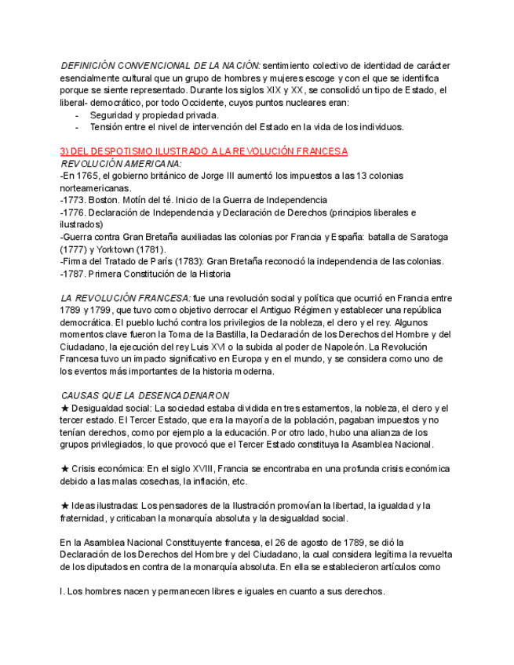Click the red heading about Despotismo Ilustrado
tap(204, 151)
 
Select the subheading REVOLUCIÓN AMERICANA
tap(121, 163)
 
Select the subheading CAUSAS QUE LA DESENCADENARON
tap(145, 396)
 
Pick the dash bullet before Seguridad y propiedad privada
tap(77, 114)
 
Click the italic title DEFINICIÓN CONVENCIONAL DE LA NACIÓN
tap(160, 66)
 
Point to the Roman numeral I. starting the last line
tap(62, 592)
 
